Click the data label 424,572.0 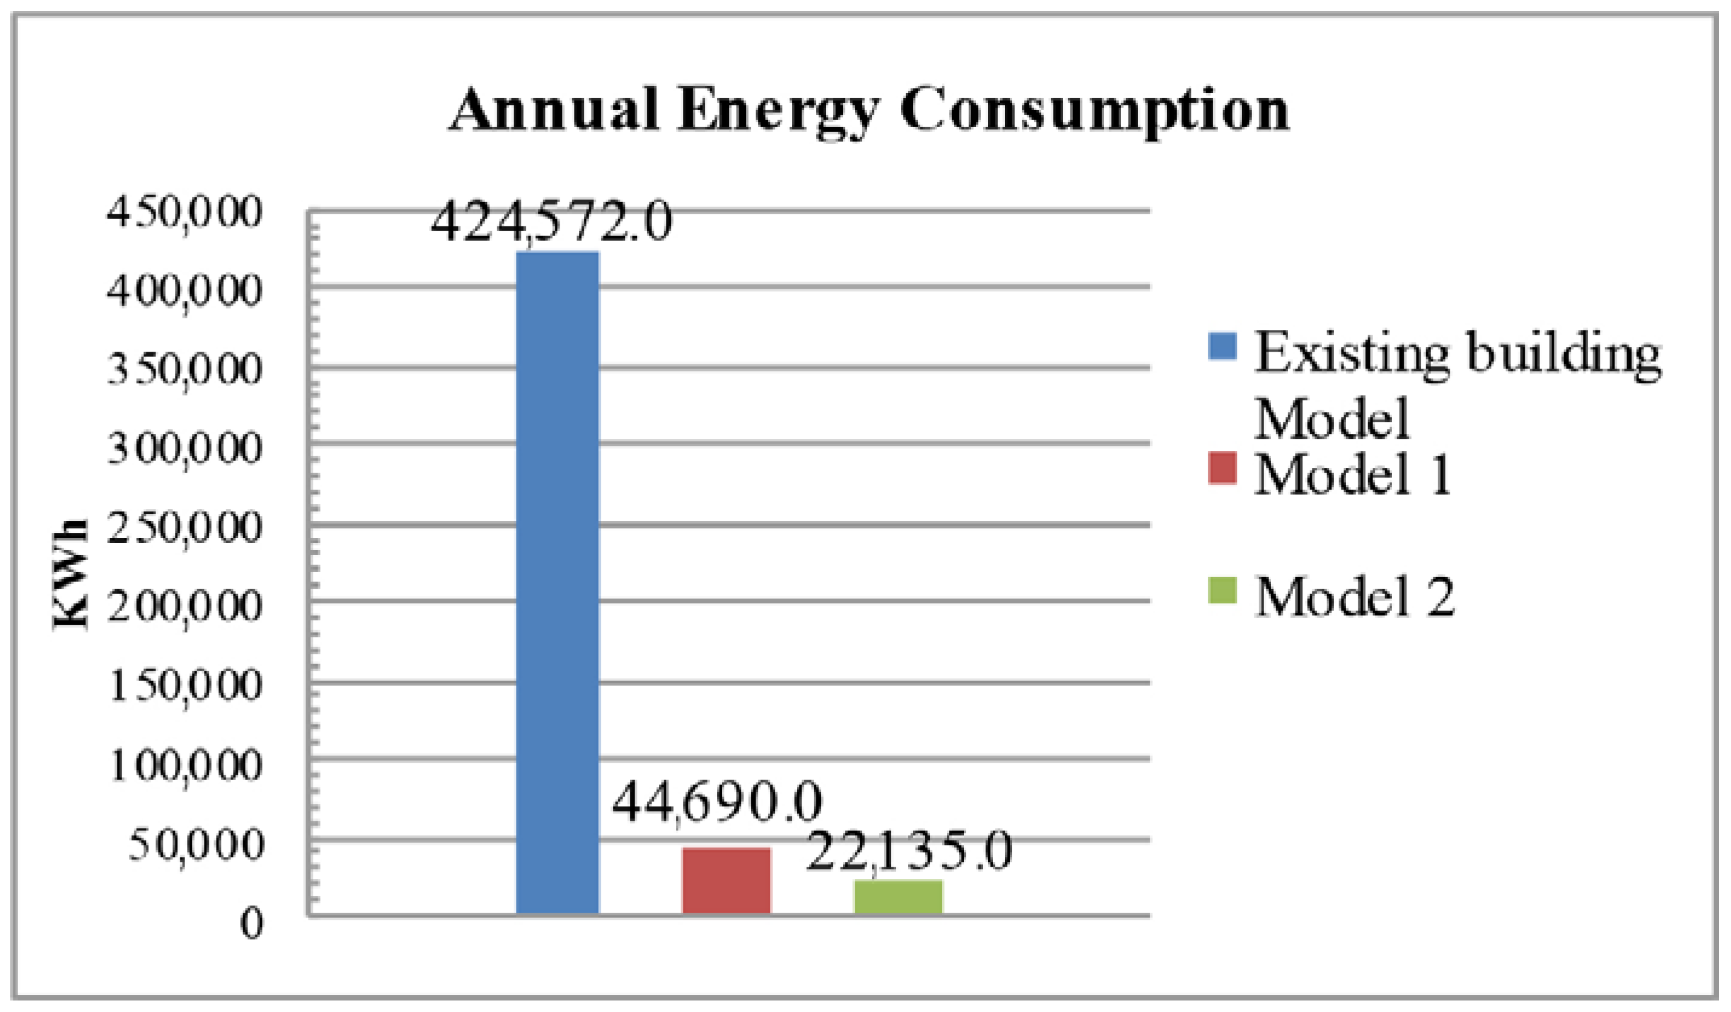pyautogui.click(x=551, y=223)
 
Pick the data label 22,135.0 pyautogui.click(x=908, y=852)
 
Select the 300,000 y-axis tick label pyautogui.click(x=184, y=448)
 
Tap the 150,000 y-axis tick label pyautogui.click(x=186, y=685)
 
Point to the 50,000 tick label pyautogui.click(x=196, y=844)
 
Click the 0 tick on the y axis pyautogui.click(x=252, y=924)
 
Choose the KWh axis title pyautogui.click(x=71, y=574)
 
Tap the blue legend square pyautogui.click(x=1222, y=346)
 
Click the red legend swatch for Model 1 pyautogui.click(x=1222, y=468)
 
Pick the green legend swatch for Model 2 pyautogui.click(x=1222, y=590)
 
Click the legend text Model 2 pyautogui.click(x=1354, y=597)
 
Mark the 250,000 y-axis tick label pyautogui.click(x=184, y=528)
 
